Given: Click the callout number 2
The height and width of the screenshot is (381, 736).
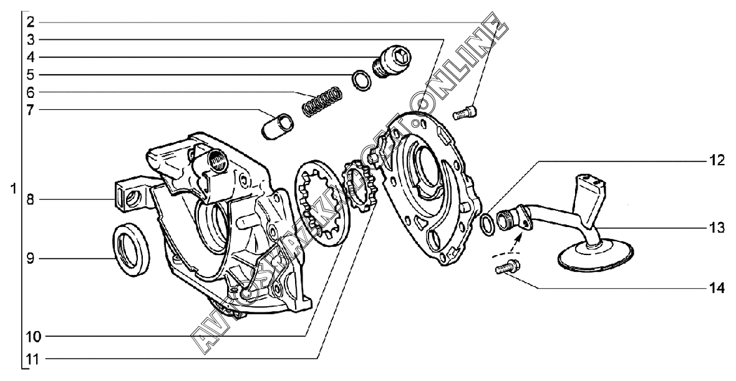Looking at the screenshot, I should coord(31,22).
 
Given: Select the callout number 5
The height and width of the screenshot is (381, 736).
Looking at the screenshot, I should coord(31,75).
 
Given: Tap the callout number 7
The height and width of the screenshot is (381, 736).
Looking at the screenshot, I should coord(31,110).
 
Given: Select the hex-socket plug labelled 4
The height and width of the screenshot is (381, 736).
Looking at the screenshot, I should coord(391,62).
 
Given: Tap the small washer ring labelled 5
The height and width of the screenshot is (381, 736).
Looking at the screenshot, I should coord(360,80).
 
